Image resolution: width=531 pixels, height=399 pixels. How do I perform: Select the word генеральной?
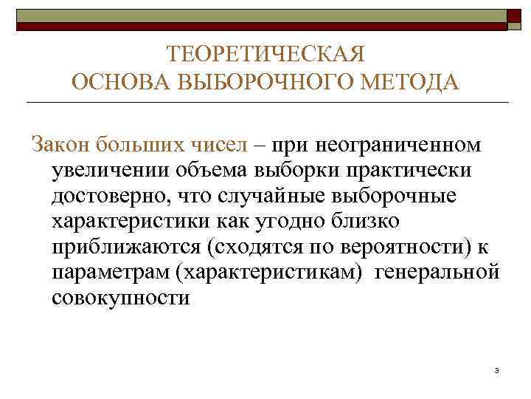coord(437,274)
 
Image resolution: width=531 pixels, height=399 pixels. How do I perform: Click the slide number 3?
coord(498,370)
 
